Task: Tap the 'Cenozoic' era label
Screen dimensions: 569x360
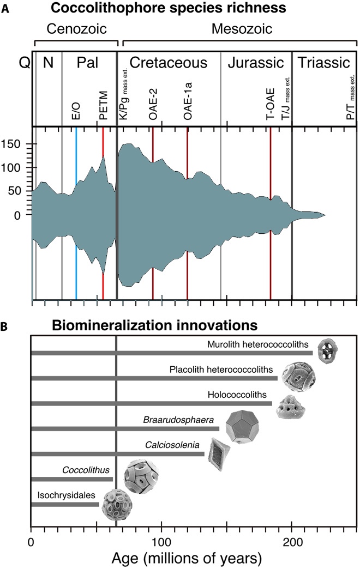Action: [x=76, y=28]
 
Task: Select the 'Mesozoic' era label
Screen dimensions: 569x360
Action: [x=239, y=28]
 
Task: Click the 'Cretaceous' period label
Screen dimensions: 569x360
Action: [x=169, y=63]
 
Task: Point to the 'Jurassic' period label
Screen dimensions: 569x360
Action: [x=255, y=63]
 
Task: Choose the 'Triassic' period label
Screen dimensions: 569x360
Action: [x=324, y=63]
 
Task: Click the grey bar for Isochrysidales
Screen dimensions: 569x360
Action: [x=65, y=504]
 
